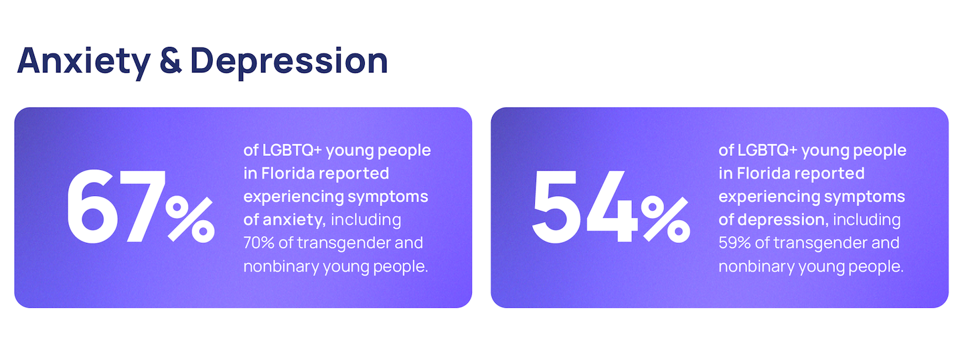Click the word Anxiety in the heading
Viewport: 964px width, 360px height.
point(84,62)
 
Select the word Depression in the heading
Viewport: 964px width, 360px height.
point(289,62)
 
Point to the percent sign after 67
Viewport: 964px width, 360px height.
point(190,219)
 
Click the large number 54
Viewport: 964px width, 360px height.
point(585,207)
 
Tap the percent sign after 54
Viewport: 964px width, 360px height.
point(665,219)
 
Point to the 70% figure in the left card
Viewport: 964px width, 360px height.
point(259,243)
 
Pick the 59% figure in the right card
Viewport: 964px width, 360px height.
point(734,243)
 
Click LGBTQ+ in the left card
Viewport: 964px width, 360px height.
point(292,151)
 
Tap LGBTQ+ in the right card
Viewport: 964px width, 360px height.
point(767,151)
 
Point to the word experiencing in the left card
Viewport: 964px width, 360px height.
point(293,197)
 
